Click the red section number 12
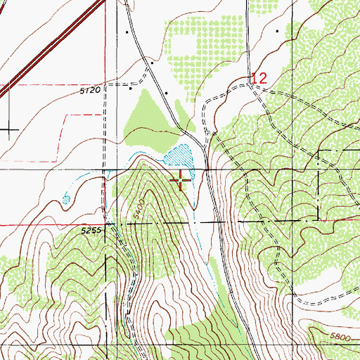tap(258, 78)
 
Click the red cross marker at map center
tap(181, 181)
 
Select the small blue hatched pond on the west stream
tap(66, 199)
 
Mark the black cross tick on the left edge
tap(9, 129)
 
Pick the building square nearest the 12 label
tap(278, 32)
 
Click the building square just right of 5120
tap(131, 89)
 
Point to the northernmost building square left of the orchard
tap(127, 32)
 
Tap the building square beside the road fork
tap(150, 64)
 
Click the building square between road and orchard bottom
tap(167, 92)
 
